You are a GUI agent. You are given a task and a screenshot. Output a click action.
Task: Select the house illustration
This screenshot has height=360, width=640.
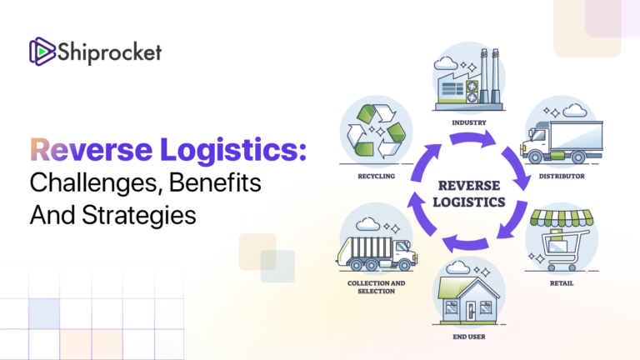[469, 298]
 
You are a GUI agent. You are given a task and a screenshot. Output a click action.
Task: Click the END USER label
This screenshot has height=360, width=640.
[469, 337]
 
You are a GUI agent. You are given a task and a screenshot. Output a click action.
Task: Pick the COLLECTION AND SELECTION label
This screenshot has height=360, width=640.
[376, 287]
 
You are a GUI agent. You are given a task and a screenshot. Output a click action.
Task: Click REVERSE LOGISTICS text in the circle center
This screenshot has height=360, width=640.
[469, 192]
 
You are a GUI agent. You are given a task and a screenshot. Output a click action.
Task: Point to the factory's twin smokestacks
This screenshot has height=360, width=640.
[490, 63]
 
